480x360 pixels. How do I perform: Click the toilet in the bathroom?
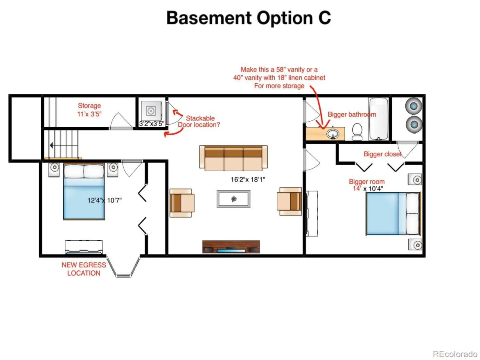coord(357,131)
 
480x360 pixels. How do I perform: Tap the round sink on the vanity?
coord(333,133)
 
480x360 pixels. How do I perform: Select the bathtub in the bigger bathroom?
coord(378,119)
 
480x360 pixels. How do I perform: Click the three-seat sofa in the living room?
coord(233,158)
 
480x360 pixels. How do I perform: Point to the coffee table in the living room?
coord(233,199)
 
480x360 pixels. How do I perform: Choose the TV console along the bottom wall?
coord(231,247)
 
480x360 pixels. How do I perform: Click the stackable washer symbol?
coord(151,111)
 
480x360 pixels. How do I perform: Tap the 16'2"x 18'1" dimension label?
coord(248,180)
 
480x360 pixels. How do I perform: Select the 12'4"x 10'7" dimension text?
coord(104,200)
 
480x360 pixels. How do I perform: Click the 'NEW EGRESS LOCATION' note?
coord(84,269)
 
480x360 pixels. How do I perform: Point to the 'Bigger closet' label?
coord(382,154)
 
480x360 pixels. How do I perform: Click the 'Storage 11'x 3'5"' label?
coord(90,110)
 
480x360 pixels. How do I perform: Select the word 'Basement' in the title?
coord(209,18)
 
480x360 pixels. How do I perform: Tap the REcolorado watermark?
coord(455,354)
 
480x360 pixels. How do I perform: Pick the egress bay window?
coord(124,266)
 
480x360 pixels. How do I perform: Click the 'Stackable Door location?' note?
coord(199,122)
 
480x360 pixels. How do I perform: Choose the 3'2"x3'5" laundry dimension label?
coord(152,124)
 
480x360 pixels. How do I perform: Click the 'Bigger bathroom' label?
coord(352,114)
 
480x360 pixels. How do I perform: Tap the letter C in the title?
coord(324,18)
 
